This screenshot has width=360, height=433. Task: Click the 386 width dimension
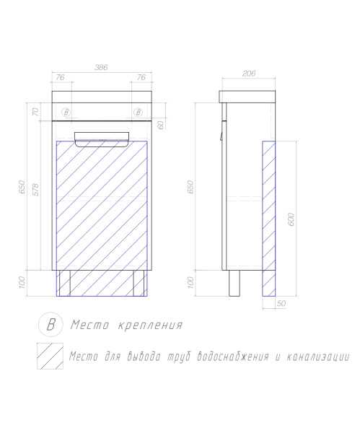pyautogui.click(x=102, y=67)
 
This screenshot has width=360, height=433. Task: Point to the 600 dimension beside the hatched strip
pyautogui.click(x=291, y=220)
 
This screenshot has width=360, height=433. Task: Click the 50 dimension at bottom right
pyautogui.click(x=281, y=304)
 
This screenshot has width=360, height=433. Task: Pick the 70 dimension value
pyautogui.click(x=34, y=112)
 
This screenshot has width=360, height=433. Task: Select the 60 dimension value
pyautogui.click(x=161, y=124)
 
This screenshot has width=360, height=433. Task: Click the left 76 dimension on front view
pyautogui.click(x=61, y=77)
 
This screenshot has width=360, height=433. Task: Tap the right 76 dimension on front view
pyautogui.click(x=141, y=77)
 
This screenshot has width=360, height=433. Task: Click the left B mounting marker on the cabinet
pyautogui.click(x=66, y=112)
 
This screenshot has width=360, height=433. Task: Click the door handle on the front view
pyautogui.click(x=102, y=139)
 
